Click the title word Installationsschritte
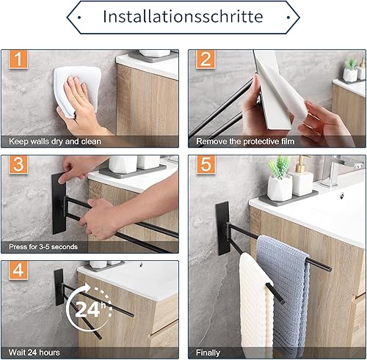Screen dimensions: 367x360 [x=183, y=17]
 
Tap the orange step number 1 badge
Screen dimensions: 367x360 [x=18, y=59]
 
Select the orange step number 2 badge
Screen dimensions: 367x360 [x=206, y=59]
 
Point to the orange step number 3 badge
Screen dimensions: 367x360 [x=18, y=164]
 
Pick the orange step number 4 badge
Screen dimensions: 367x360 [x=18, y=270]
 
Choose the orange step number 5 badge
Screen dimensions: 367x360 [x=206, y=164]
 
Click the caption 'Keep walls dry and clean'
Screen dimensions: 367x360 [x=55, y=142]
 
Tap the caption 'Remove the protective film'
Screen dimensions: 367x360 [x=245, y=142]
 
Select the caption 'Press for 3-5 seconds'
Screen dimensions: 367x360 [x=43, y=247]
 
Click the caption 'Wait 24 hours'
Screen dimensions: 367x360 [x=34, y=353]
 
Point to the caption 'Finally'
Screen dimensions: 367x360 [x=208, y=353]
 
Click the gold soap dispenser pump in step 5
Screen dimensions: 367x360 [x=302, y=164]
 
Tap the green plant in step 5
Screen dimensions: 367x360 [x=280, y=166]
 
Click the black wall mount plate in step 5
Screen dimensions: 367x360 [x=222, y=228]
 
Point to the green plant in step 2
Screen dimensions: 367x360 [x=351, y=64]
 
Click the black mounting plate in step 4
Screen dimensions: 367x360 [x=59, y=287]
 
